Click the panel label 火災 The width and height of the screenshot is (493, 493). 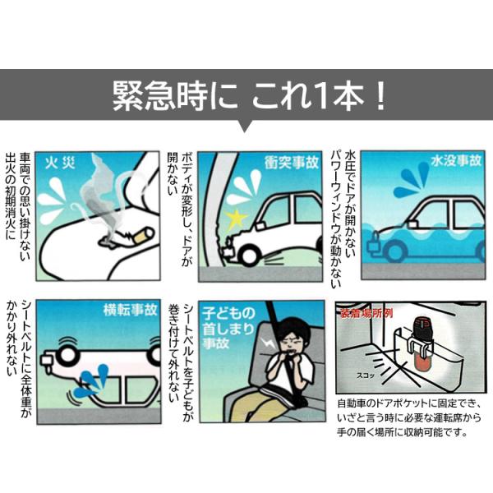(59, 164)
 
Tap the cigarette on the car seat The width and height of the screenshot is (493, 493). (143, 236)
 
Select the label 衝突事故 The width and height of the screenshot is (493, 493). (292, 163)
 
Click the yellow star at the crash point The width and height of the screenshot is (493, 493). (236, 219)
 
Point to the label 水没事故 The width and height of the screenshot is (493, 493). (456, 161)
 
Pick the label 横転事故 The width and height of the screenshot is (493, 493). (131, 310)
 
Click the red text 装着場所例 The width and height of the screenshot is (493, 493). (366, 314)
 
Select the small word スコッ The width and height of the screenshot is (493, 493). (366, 376)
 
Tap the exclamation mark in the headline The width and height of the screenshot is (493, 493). (380, 95)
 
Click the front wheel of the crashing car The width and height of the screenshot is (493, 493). (248, 255)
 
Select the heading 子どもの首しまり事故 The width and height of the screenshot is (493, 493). (228, 329)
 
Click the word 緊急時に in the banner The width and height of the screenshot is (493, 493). (174, 95)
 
